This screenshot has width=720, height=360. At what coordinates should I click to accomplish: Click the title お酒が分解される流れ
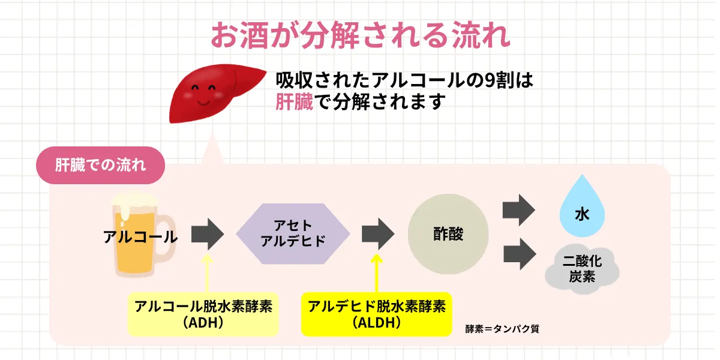(x=360, y=36)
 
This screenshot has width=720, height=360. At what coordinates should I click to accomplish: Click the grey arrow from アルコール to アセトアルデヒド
(x=207, y=234)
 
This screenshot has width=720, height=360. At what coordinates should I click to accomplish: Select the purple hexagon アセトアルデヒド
(x=292, y=234)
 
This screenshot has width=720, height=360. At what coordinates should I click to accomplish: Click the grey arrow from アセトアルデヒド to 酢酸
(x=377, y=234)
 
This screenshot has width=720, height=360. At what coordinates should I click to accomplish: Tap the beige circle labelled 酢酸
(x=448, y=234)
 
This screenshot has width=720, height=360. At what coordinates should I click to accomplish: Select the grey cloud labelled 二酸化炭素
(x=581, y=269)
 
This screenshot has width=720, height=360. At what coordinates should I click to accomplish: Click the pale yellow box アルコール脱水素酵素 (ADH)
(x=203, y=314)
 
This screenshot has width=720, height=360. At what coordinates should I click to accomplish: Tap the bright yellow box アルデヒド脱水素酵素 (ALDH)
(x=376, y=314)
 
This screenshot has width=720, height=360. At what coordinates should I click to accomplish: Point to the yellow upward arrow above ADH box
(x=207, y=273)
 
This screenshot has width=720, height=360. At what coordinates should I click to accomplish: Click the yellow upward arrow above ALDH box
(x=377, y=273)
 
